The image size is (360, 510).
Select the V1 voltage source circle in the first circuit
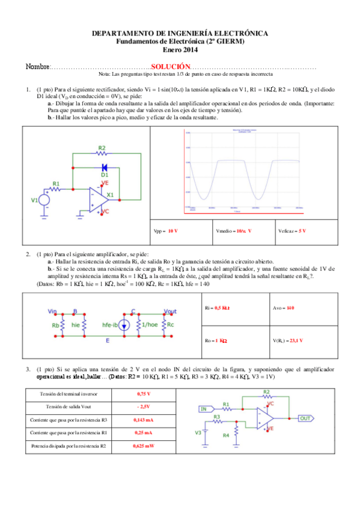[44, 200]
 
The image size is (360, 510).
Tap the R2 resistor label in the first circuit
[102, 148]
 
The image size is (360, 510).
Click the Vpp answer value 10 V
[172, 231]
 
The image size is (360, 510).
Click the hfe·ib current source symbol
[123, 326]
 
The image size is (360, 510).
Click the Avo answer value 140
[291, 307]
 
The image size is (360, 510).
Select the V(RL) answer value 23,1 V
[294, 340]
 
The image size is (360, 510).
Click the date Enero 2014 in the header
[180, 50]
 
